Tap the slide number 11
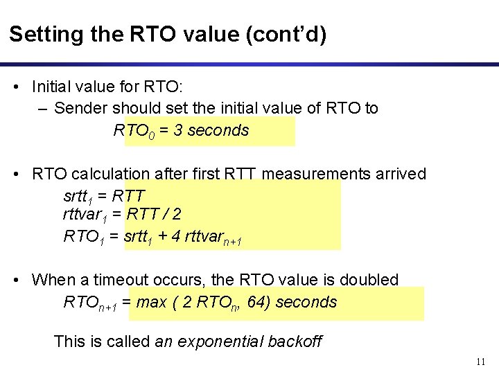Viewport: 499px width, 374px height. coord(482,362)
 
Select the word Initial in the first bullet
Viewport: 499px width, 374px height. coord(53,87)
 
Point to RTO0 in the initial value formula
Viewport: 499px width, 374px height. coord(134,131)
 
